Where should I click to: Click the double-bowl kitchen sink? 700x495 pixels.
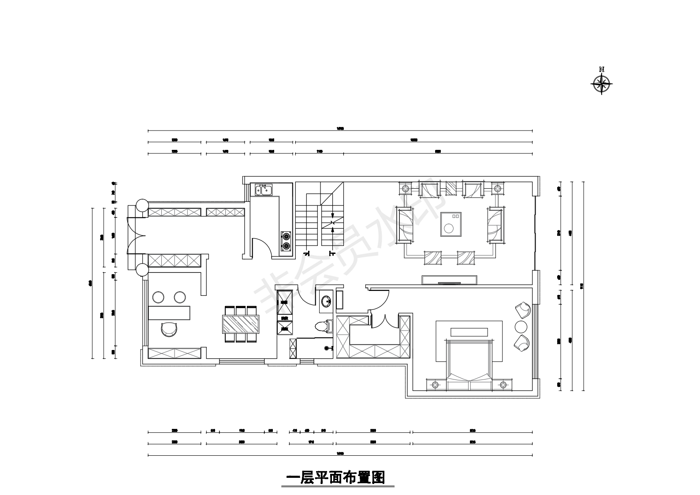click(264, 190)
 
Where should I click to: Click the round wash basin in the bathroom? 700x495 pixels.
click(326, 302)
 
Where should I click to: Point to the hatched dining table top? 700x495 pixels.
click(241, 324)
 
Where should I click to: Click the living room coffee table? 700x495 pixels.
click(451, 224)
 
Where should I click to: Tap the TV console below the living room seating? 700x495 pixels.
click(449, 280)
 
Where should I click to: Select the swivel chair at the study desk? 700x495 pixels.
click(169, 329)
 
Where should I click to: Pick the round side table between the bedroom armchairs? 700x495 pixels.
click(521, 327)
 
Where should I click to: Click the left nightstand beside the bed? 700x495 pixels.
click(436, 385)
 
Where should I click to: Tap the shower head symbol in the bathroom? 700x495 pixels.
click(327, 348)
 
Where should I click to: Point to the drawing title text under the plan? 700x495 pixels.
click(336, 477)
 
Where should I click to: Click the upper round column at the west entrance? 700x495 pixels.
click(142, 205)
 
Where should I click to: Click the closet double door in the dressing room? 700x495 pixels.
click(384, 321)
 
